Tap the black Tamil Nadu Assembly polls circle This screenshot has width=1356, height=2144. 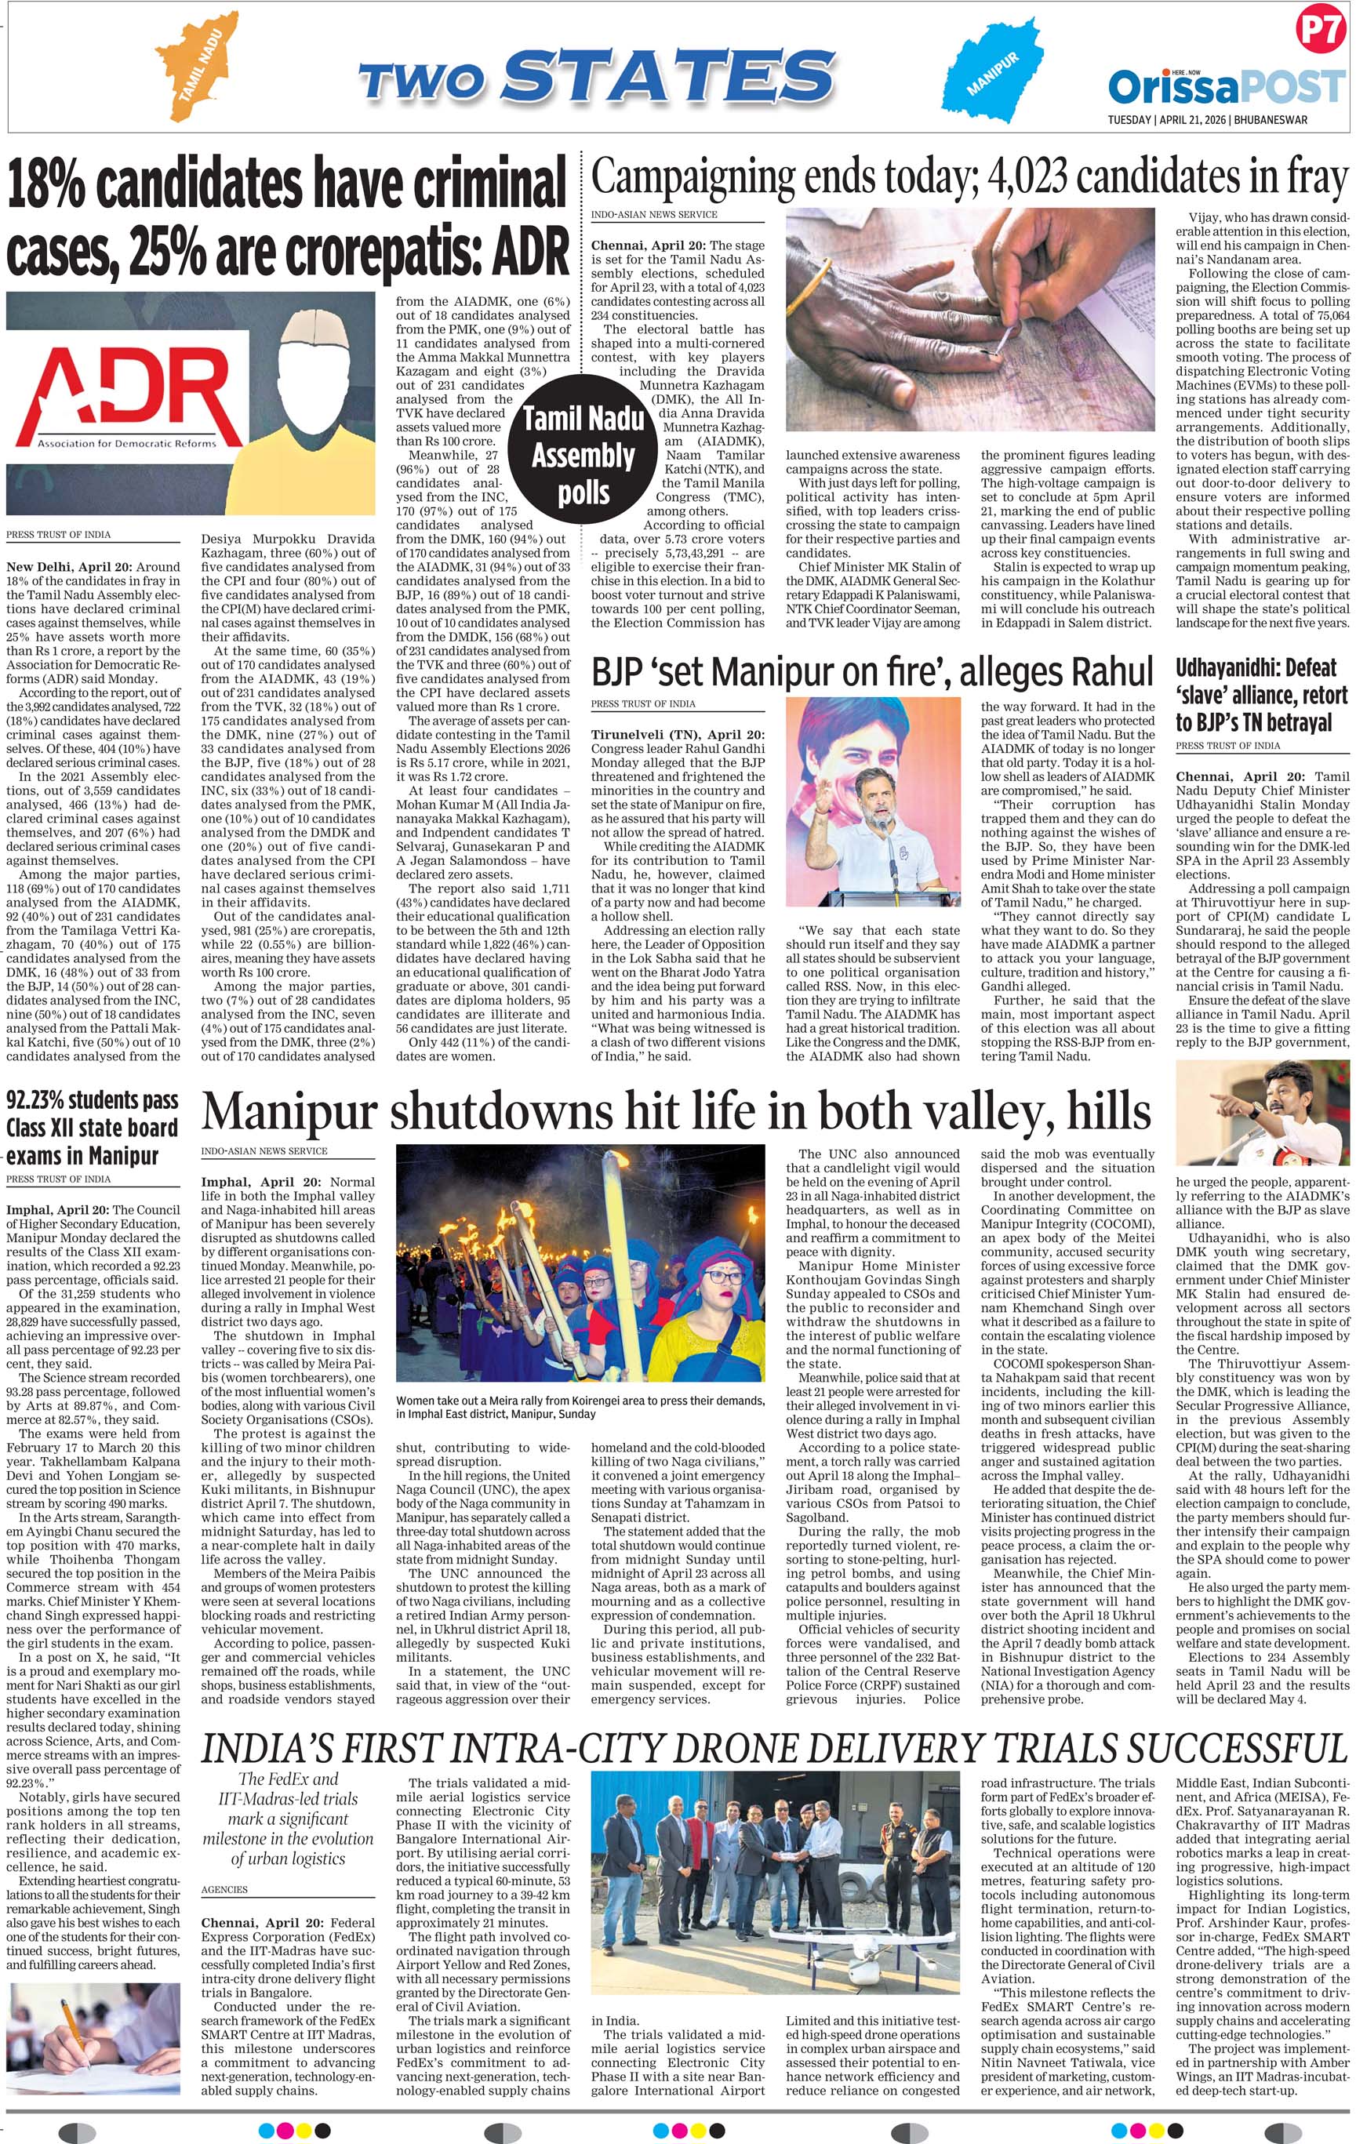tap(583, 455)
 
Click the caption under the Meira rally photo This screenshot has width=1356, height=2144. tap(580, 1407)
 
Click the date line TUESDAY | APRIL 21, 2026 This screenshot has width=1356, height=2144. tap(1206, 119)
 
